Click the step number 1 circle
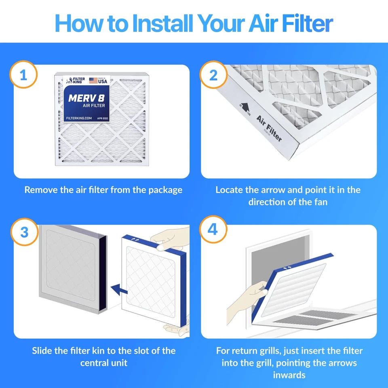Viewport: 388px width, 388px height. (24, 75)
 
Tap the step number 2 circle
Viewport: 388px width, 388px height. (213, 75)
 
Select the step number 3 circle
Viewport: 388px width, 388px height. (24, 232)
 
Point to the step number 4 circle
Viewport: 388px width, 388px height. (213, 230)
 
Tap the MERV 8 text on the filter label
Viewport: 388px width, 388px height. (86, 98)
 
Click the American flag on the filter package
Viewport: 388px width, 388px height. (93, 80)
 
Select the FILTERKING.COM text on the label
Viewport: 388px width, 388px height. (79, 118)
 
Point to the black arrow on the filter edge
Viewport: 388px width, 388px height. (245, 106)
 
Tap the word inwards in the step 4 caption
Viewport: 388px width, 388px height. (289, 375)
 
